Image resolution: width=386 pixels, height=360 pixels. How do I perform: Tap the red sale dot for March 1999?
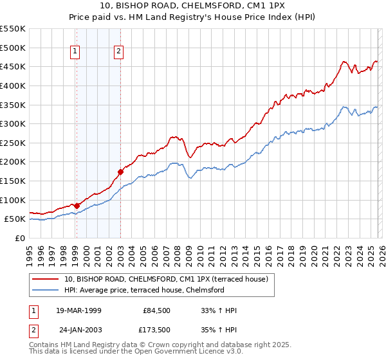[x=77, y=206]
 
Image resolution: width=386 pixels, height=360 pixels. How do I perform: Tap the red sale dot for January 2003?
[x=120, y=172]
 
